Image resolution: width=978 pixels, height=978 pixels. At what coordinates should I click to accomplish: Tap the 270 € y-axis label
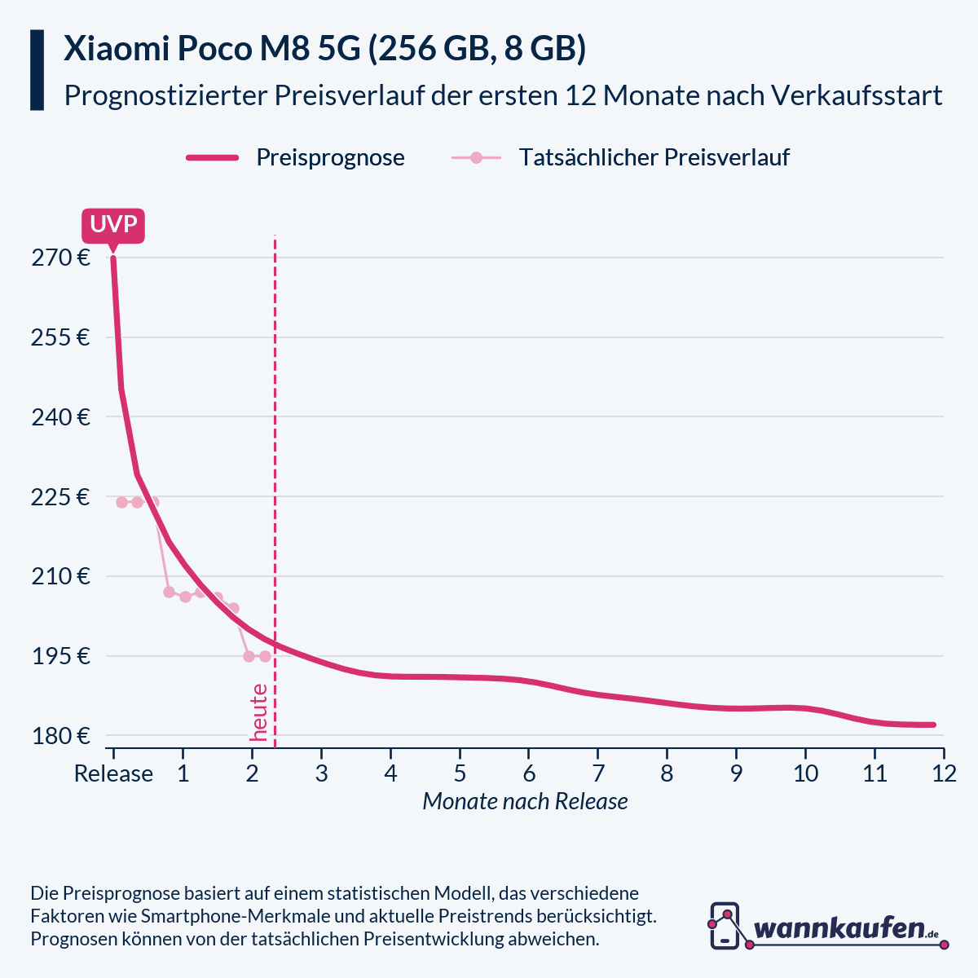(60, 258)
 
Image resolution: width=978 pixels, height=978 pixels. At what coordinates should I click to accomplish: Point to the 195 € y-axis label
(60, 656)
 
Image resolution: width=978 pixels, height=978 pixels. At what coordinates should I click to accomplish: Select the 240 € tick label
(60, 417)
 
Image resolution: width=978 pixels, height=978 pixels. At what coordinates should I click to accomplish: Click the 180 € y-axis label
(60, 736)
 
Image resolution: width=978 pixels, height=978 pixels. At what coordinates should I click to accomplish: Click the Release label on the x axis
(113, 773)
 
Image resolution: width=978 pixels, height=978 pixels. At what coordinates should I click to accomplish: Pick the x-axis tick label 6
(529, 773)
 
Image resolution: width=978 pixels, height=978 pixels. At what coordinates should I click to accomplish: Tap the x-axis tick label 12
(944, 773)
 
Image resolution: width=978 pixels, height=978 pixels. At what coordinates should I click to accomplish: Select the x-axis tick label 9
(736, 773)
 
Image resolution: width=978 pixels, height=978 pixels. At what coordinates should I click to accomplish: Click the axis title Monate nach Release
(525, 802)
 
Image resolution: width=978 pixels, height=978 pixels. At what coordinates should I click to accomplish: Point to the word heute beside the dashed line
(259, 712)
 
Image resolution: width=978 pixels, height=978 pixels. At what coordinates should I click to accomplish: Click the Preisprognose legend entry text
(330, 157)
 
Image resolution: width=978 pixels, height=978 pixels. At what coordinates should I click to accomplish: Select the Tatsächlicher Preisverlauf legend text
(654, 157)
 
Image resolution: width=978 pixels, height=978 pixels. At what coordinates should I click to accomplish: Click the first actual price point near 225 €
(121, 502)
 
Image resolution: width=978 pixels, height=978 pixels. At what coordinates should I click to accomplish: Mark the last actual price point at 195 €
(265, 656)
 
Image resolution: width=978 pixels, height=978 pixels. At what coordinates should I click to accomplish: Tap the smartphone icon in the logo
(725, 926)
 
